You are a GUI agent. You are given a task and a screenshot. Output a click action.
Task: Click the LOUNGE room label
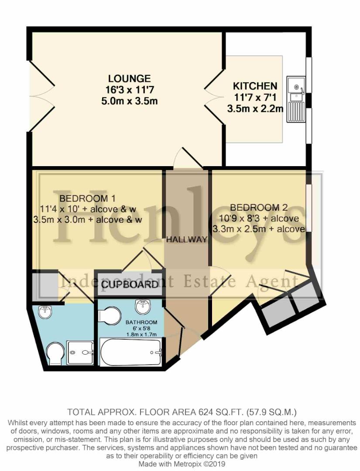pyautogui.click(x=130, y=79)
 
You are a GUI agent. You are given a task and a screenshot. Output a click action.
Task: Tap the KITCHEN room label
pyautogui.click(x=255, y=86)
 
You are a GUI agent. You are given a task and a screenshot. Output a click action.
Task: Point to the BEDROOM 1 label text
pyautogui.click(x=84, y=199)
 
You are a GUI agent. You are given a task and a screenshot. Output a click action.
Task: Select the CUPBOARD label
pyautogui.click(x=130, y=285)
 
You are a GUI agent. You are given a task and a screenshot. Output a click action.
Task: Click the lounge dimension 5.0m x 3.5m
pyautogui.click(x=130, y=101)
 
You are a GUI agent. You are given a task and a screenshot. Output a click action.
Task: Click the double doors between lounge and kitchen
pyautogui.click(x=214, y=99)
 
